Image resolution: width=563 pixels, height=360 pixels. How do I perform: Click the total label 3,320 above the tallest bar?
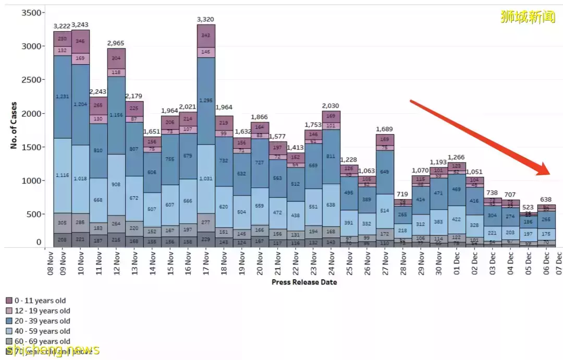(206, 20)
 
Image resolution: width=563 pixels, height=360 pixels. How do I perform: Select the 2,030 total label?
(331, 106)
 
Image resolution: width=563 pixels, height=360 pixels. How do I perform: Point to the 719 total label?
(402, 194)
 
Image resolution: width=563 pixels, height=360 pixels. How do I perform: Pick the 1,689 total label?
(385, 129)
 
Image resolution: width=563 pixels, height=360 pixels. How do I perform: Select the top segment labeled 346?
(80, 41)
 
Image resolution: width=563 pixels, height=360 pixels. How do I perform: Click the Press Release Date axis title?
(304, 282)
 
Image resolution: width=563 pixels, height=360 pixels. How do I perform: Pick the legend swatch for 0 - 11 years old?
(9, 301)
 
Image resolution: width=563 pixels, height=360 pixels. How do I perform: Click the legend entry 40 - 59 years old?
(42, 331)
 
